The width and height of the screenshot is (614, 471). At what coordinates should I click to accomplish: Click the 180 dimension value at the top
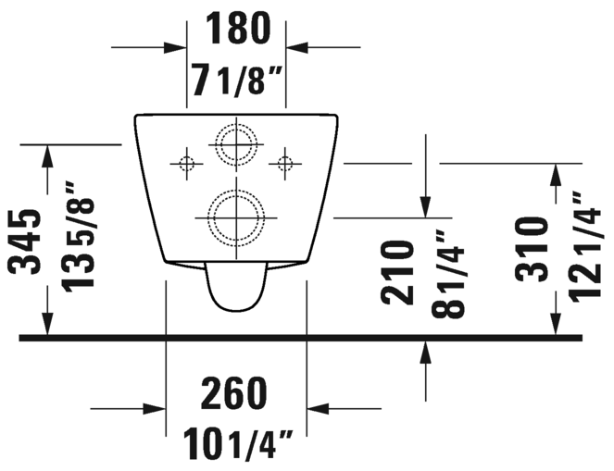pos(238,28)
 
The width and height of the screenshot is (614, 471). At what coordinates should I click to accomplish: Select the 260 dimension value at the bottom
pos(233,393)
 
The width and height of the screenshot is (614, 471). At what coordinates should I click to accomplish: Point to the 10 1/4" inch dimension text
pos(238,445)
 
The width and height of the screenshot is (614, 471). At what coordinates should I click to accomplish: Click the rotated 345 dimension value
pos(25,242)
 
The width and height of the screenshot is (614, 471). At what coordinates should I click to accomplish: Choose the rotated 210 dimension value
pos(397,273)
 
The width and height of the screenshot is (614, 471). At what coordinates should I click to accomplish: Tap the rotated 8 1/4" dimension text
pos(448,274)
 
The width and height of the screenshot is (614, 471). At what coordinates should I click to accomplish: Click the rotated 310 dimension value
pos(532,250)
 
